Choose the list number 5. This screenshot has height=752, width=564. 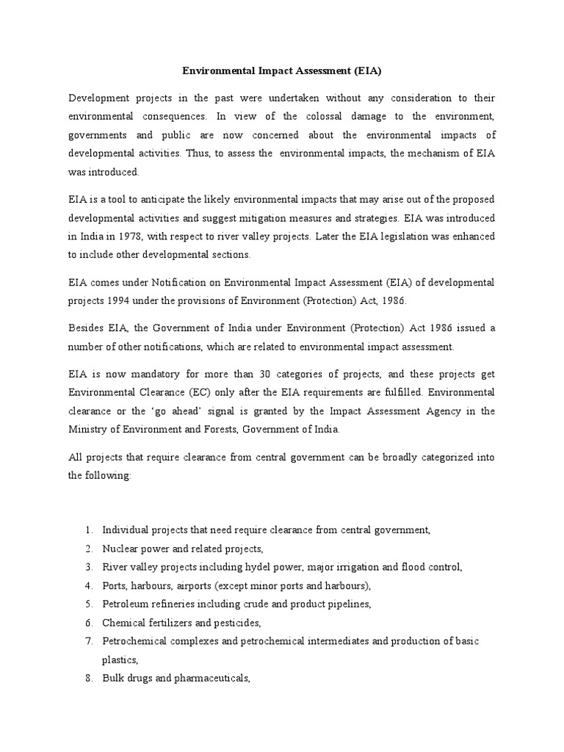click(x=88, y=604)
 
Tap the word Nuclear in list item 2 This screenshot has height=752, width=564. click(x=120, y=549)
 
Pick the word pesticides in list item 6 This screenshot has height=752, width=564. click(x=234, y=623)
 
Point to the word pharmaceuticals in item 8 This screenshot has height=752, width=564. click(x=211, y=679)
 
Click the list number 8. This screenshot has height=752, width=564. click(x=88, y=679)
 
